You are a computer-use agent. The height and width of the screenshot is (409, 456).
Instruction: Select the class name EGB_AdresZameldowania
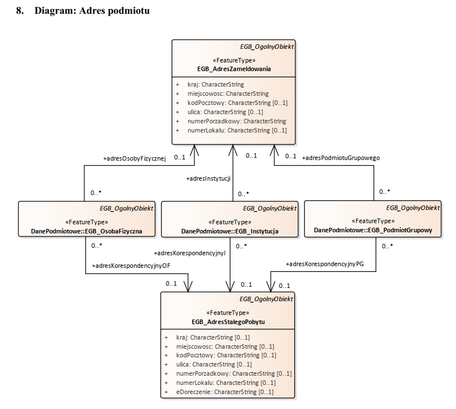click(234, 69)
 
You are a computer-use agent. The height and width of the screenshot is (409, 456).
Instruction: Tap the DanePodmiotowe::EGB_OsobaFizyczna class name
click(87, 231)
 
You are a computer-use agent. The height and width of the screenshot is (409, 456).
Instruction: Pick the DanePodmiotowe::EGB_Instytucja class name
click(230, 231)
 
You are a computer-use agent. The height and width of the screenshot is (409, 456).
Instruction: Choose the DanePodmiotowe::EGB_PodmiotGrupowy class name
click(373, 230)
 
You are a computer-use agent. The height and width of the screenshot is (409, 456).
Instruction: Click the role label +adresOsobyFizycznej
click(134, 158)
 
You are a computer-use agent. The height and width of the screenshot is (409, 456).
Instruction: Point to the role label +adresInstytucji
click(208, 179)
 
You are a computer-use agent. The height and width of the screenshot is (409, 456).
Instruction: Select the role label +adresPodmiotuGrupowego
click(341, 157)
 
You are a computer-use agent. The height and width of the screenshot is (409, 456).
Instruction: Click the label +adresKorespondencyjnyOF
click(131, 266)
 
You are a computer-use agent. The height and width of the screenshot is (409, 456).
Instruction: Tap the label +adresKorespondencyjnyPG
click(325, 264)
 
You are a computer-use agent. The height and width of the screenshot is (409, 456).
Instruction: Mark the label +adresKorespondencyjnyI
click(190, 252)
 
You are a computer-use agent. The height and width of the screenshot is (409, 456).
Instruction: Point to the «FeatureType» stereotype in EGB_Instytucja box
click(229, 222)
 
